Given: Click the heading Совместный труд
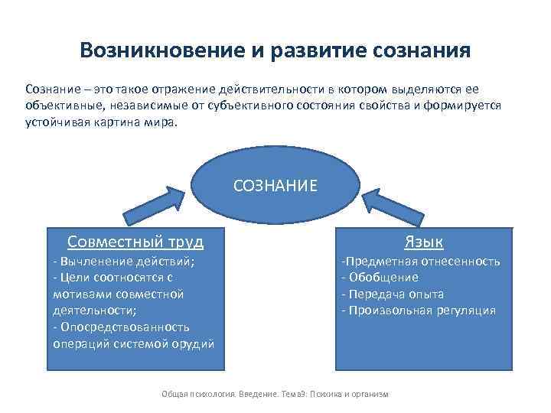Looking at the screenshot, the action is tap(135, 242).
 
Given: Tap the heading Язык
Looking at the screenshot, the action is tap(423, 242).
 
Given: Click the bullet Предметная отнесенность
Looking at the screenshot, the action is tap(421, 261).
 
